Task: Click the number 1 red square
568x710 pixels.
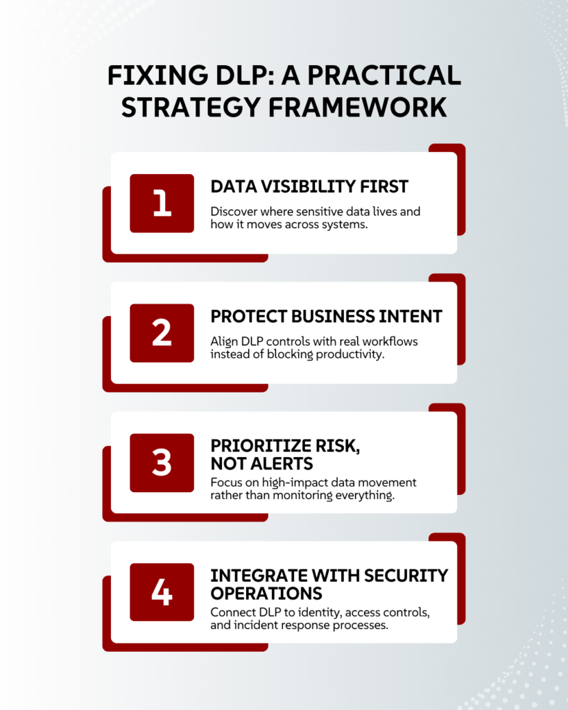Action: click(162, 203)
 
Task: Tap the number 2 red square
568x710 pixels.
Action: click(162, 333)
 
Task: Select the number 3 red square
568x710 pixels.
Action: click(162, 462)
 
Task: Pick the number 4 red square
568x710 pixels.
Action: click(162, 592)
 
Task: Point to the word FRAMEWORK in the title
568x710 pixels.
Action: click(357, 107)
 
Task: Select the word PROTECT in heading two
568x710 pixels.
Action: click(248, 316)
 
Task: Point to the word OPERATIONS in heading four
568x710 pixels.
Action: click(266, 594)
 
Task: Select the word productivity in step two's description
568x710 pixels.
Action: click(350, 354)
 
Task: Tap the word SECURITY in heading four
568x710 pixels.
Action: click(406, 575)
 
